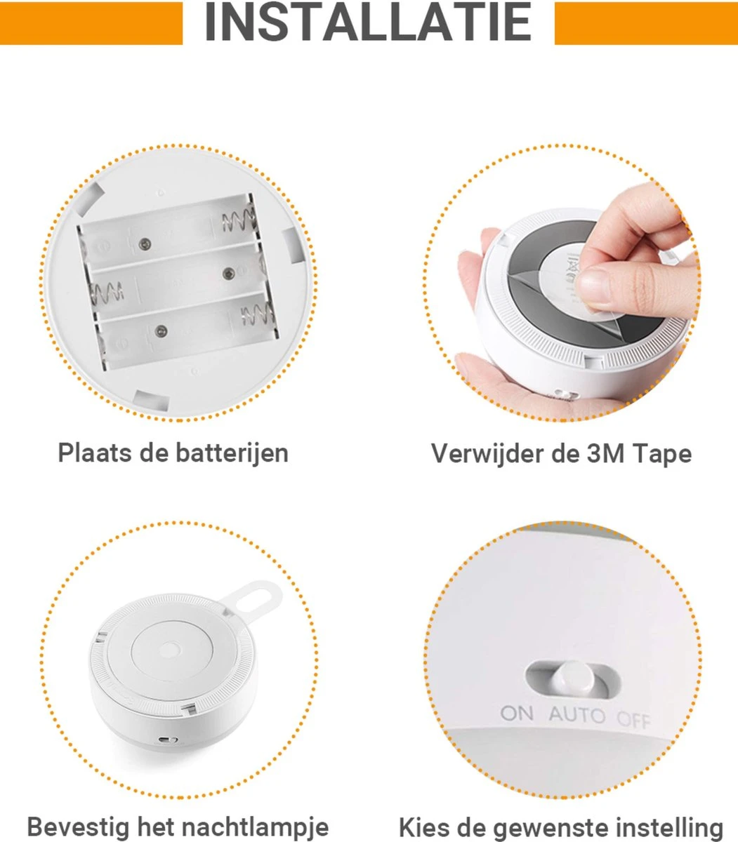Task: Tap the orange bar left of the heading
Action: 91,23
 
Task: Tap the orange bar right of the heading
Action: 646,23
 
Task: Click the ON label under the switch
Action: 518,713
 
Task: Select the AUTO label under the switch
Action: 577,715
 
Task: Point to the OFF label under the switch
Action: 633,719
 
